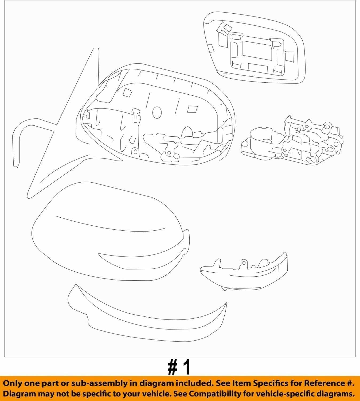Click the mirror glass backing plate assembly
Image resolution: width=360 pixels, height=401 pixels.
[254, 48]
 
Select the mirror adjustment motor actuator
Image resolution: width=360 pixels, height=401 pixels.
[292, 140]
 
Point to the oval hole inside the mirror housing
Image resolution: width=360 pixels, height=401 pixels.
[157, 112]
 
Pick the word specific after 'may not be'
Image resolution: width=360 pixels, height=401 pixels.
[97, 394]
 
